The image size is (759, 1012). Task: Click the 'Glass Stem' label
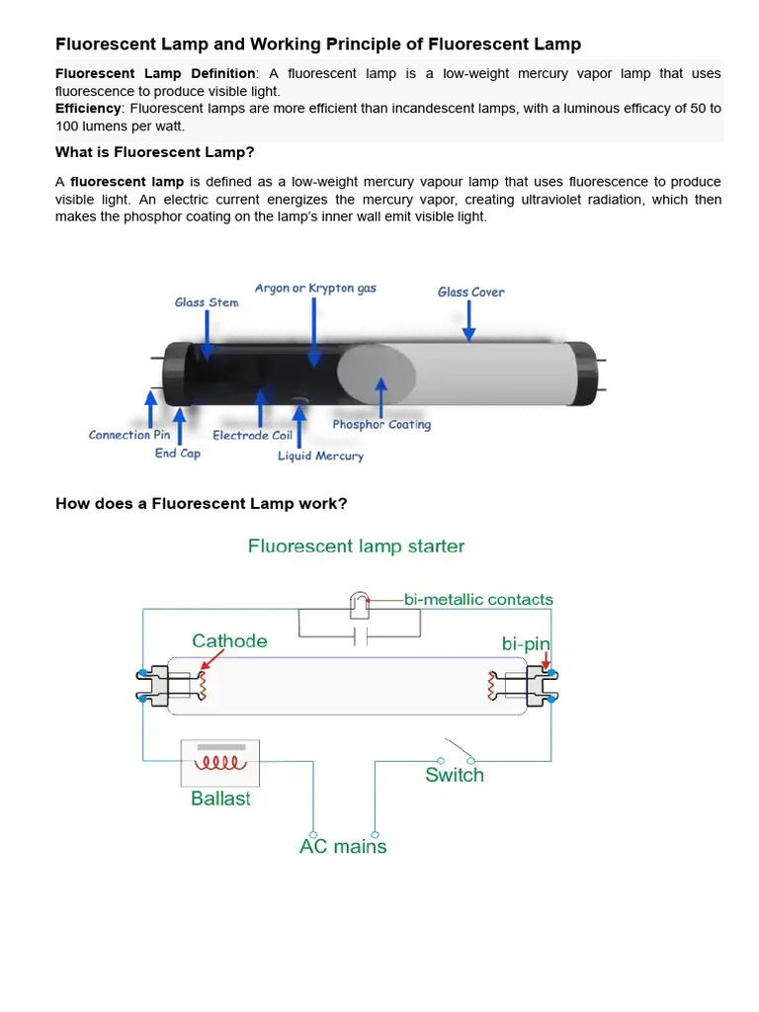point(207,302)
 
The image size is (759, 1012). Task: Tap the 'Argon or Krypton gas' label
point(315,289)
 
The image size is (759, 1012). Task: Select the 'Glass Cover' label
point(470,292)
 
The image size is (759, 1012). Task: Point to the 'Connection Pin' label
point(129,435)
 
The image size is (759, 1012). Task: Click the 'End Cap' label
point(177,454)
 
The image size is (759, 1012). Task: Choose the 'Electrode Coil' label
point(252,435)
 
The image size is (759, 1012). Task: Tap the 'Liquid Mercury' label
point(320,456)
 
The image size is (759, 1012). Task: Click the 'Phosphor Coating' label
point(381,425)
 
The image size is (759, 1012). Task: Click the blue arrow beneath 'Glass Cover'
point(469,320)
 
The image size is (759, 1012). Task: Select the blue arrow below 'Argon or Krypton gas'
point(314,331)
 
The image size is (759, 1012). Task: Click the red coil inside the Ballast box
point(219,764)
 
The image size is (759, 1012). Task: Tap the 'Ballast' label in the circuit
point(220,799)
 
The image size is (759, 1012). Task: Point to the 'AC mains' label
point(343,847)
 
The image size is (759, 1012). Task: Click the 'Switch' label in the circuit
point(455,775)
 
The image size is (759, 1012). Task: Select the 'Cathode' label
point(229,640)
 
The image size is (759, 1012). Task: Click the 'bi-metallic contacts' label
point(478,599)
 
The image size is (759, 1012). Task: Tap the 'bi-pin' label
point(526,643)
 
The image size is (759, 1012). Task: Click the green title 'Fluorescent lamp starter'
point(356,546)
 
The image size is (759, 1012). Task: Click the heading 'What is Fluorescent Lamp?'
point(155,152)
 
